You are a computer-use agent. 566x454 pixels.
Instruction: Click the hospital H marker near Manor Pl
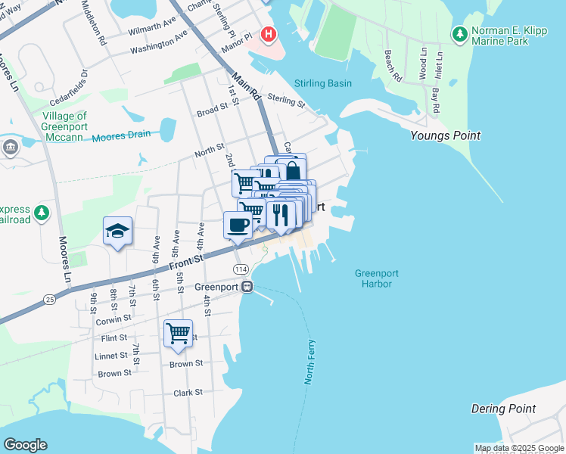tap(267, 34)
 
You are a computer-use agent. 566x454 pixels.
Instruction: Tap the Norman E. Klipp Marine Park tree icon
tap(459, 34)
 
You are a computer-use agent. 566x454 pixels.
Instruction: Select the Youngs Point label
tap(445, 136)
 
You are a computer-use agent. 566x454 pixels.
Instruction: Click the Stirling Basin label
tap(322, 83)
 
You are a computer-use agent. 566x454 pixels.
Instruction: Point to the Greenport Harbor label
tap(376, 278)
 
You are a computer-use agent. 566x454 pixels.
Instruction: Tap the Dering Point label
tap(503, 409)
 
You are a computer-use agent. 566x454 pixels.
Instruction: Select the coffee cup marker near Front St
tap(238, 225)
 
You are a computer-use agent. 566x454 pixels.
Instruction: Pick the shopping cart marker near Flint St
tap(178, 333)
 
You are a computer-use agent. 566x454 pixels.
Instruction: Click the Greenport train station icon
tap(247, 287)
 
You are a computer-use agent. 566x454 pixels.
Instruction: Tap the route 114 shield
tap(241, 270)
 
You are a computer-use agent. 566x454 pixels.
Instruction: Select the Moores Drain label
tap(121, 136)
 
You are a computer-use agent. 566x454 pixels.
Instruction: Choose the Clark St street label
tap(188, 393)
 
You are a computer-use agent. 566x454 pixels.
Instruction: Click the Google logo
tap(26, 445)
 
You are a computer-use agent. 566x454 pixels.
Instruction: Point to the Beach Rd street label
tap(392, 66)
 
